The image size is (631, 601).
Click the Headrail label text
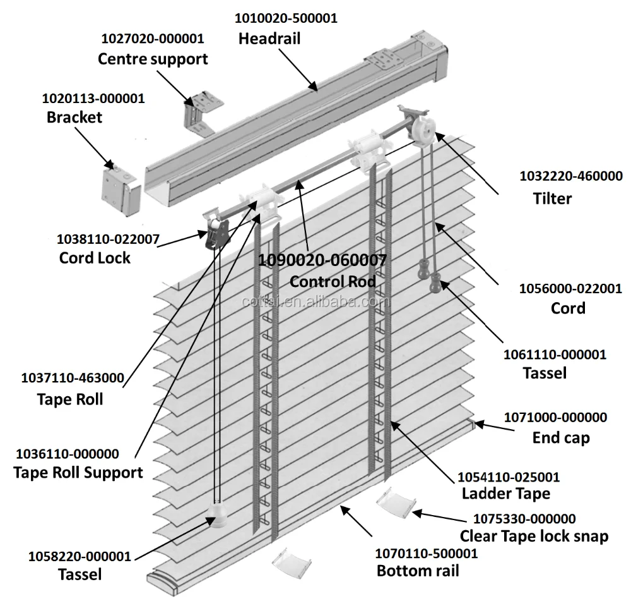pyautogui.click(x=269, y=39)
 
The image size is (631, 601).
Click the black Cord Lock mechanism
pyautogui.click(x=216, y=233)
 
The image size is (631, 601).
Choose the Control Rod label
pyautogui.click(x=333, y=281)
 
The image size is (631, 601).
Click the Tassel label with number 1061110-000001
pyautogui.click(x=545, y=373)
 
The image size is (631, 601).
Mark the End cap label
pyautogui.click(x=561, y=437)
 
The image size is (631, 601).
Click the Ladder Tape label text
pyautogui.click(x=505, y=493)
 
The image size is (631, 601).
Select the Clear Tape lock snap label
pyautogui.click(x=534, y=537)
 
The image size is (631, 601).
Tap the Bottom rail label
pyautogui.click(x=418, y=571)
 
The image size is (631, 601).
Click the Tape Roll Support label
pyautogui.click(x=78, y=472)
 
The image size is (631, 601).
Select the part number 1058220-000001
pyautogui.click(x=80, y=557)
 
